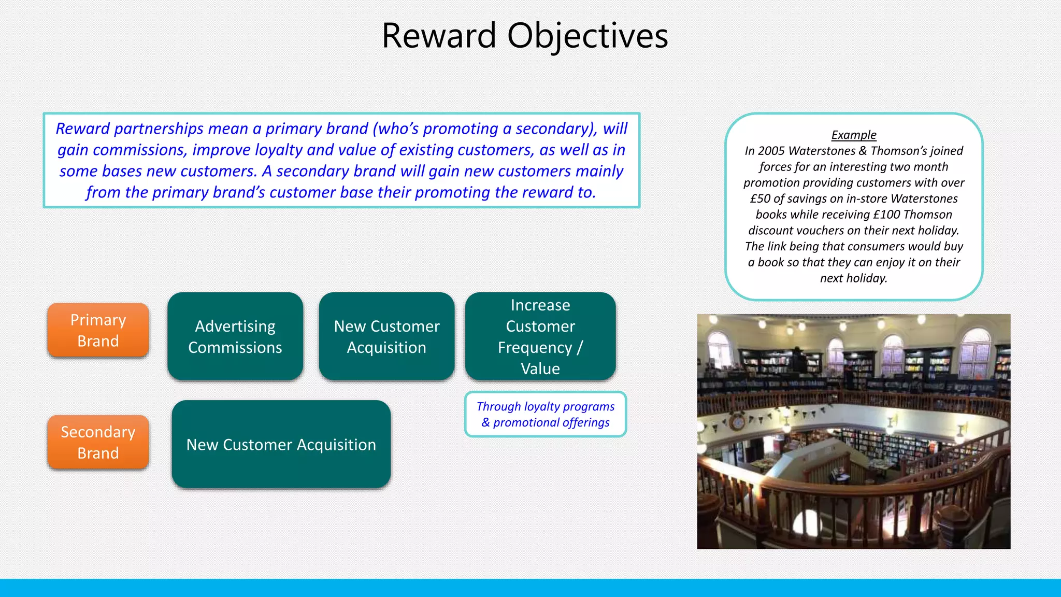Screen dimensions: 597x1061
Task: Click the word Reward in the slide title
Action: [439, 36]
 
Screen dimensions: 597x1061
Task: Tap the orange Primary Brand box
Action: [98, 330]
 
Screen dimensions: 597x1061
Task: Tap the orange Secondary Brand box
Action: [98, 442]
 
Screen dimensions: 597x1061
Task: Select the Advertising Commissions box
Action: [235, 336]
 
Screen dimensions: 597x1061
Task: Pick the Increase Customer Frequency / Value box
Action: [540, 336]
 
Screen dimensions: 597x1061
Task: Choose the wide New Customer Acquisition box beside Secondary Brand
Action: [281, 444]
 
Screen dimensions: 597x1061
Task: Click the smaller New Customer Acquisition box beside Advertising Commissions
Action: [386, 336]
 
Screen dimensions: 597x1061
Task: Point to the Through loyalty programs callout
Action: [546, 414]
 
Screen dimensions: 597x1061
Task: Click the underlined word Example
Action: [853, 135]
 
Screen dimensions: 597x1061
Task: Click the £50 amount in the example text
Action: [760, 198]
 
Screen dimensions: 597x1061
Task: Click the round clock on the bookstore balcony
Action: [736, 422]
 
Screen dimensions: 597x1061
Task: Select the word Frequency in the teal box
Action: [535, 347]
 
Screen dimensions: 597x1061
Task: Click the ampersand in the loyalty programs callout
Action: [485, 423]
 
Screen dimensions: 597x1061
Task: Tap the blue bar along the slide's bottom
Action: [530, 588]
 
